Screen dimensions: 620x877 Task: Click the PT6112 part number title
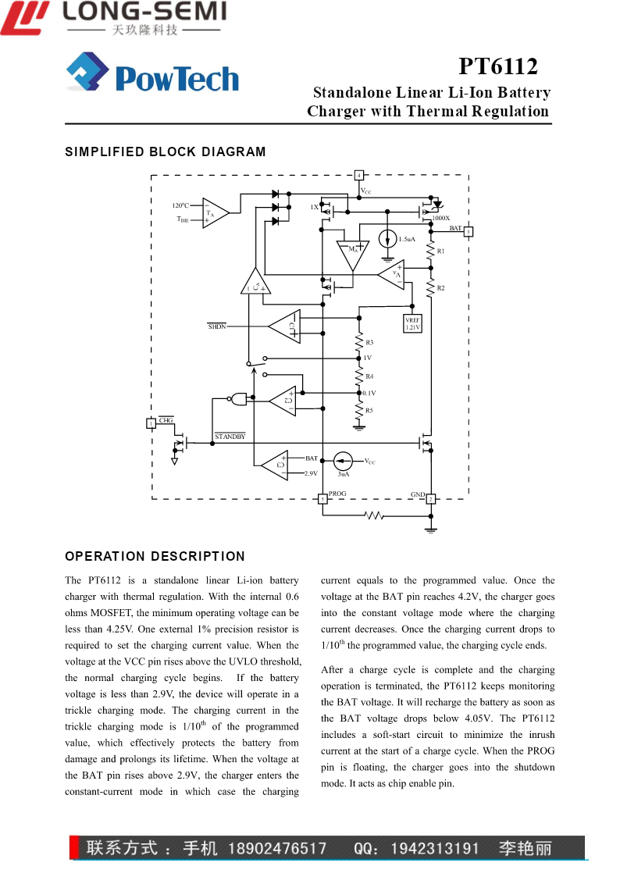click(498, 66)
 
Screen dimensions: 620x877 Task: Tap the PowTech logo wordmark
click(176, 78)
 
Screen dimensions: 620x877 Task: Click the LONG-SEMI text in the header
click(144, 11)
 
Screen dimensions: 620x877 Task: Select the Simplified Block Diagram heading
click(166, 152)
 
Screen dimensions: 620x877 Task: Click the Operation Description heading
click(155, 556)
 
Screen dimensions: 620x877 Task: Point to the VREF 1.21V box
click(412, 323)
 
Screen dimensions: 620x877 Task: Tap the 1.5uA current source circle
click(387, 239)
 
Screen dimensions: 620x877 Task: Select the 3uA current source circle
click(343, 461)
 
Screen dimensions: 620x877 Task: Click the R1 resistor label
click(440, 251)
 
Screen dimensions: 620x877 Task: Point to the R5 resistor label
click(369, 410)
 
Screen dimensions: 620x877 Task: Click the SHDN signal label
click(217, 326)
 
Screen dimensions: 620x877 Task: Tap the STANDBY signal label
click(230, 437)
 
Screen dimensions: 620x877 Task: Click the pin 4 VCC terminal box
click(359, 175)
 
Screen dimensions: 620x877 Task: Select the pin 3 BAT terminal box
click(469, 231)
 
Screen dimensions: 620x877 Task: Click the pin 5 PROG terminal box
click(322, 499)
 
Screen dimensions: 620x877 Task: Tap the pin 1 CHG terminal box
click(151, 423)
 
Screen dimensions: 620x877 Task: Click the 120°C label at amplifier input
click(180, 205)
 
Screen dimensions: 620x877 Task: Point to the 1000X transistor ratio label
click(440, 218)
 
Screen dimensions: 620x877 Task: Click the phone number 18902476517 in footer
click(277, 848)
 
